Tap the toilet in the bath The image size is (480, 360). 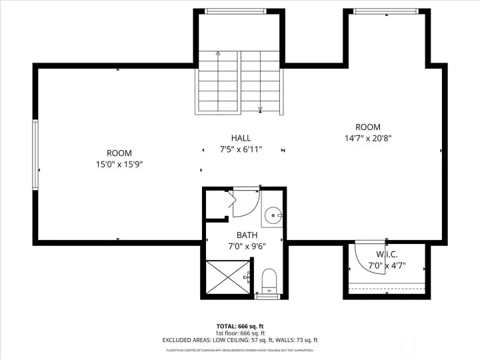tap(269, 279)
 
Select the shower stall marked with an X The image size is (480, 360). tap(227, 276)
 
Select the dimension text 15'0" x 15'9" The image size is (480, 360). tap(119, 164)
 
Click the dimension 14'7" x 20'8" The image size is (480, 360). tap(367, 139)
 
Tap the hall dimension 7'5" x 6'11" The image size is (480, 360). tap(242, 149)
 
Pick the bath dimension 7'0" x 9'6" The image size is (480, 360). tap(247, 247)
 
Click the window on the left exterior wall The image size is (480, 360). tap(35, 154)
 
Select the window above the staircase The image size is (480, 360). tap(235, 11)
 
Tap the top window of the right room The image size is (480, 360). tap(386, 11)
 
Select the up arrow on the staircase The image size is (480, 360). tap(218, 53)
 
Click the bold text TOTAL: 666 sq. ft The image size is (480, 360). tap(240, 326)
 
